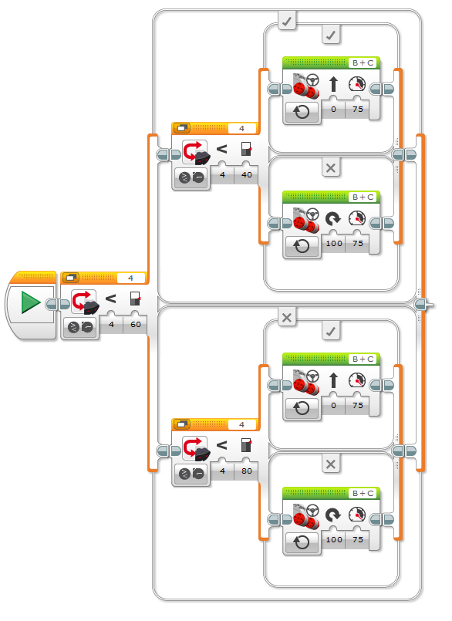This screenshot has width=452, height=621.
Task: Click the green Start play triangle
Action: coord(30,302)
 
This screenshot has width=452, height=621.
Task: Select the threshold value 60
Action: coord(136,324)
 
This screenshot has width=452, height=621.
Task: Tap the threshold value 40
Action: coord(246,174)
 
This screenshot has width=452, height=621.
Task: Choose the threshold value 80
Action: coord(246,471)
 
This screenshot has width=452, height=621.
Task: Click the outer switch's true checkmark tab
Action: coord(287,21)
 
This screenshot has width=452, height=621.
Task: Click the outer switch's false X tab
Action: coord(287,317)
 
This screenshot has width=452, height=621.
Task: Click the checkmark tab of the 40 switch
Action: coord(331,35)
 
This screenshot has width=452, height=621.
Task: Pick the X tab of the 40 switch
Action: coord(331,168)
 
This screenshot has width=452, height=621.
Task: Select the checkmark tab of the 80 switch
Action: coord(331,331)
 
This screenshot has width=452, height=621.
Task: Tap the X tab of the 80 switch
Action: coord(331,464)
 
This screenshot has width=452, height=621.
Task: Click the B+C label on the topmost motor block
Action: coord(363,63)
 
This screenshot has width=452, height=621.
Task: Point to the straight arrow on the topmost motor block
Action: coord(333,84)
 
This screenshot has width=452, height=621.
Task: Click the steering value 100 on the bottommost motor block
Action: coord(334,539)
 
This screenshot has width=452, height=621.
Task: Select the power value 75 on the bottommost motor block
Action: coord(358,539)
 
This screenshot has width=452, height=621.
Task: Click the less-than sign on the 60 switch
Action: coord(110,299)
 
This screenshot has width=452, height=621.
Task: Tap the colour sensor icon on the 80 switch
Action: coord(195,449)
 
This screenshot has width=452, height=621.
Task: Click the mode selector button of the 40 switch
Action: coord(191,178)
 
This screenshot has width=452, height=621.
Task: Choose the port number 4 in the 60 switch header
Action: coord(130,278)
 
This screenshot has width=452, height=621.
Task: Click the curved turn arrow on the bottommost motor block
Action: coord(332,515)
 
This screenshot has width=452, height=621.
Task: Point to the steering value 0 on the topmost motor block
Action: coord(333,109)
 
